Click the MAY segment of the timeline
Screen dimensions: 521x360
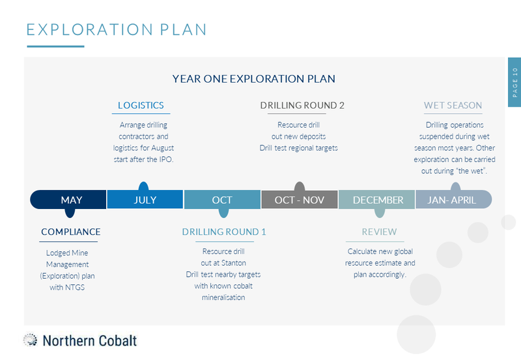point(68,200)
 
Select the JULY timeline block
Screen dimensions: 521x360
point(145,199)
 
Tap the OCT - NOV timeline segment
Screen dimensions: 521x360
point(300,199)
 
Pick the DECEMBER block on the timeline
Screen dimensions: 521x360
point(377,200)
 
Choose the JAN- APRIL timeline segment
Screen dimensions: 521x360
point(453,199)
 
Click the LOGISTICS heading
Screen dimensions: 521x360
point(141,105)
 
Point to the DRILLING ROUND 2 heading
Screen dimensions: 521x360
point(302,105)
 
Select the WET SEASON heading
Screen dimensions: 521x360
point(453,105)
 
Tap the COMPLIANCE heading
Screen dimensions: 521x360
point(71,232)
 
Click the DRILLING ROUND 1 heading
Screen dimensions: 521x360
point(224,232)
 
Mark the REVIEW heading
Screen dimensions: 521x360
point(379,232)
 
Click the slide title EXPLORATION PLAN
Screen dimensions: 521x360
point(117,29)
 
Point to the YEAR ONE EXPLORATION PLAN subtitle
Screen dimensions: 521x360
point(253,79)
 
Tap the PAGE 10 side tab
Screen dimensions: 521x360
point(514,82)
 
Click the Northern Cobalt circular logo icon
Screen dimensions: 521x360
point(30,340)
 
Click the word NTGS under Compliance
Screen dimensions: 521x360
point(76,287)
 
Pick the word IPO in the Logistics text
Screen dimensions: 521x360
point(166,159)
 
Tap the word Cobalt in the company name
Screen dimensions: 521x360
point(118,340)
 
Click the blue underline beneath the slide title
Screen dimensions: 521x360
point(55,46)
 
